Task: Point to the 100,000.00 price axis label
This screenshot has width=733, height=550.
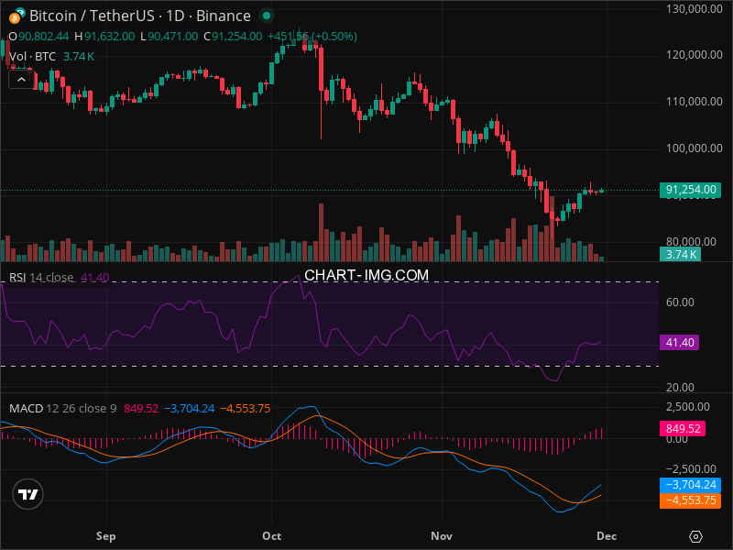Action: (x=693, y=148)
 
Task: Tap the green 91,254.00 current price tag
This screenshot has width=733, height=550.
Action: (x=690, y=190)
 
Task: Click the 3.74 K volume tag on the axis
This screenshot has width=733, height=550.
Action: (x=682, y=255)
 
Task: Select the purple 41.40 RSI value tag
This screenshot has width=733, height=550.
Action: (x=679, y=342)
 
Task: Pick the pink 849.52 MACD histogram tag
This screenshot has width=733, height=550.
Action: (x=684, y=428)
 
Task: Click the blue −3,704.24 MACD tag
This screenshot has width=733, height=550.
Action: (x=690, y=485)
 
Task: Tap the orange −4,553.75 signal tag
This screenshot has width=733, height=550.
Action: (x=690, y=500)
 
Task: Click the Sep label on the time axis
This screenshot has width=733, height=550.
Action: (x=106, y=535)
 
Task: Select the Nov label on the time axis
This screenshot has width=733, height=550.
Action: (x=442, y=535)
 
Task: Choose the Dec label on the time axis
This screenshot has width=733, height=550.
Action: (x=606, y=535)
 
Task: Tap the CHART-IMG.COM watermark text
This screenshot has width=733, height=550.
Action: (x=366, y=275)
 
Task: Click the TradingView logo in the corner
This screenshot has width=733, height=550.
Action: (x=28, y=494)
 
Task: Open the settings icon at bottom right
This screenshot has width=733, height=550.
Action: (x=696, y=536)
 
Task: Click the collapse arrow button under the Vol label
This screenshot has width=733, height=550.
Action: (x=21, y=80)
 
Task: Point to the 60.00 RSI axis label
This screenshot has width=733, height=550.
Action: (x=680, y=302)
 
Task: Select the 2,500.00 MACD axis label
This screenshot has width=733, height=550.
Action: (x=687, y=406)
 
